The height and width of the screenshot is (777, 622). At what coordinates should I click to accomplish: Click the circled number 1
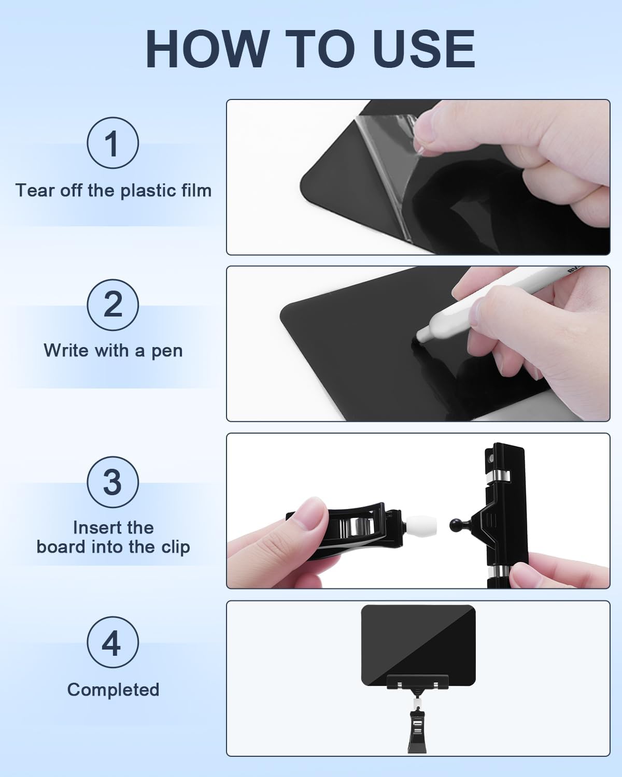coord(112,143)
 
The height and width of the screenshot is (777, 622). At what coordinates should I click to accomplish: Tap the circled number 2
coord(112,305)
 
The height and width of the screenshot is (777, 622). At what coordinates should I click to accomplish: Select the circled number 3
coord(112,482)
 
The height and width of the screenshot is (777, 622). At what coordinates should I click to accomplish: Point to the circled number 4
coord(112,642)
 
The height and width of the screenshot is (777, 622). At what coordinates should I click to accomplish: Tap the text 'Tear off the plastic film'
coord(113,191)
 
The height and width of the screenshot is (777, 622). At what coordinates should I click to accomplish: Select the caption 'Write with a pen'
coord(113,351)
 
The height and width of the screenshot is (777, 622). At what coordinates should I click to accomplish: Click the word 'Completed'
coord(113,689)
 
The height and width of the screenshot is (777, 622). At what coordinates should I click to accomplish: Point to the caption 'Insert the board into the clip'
coord(113,537)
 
